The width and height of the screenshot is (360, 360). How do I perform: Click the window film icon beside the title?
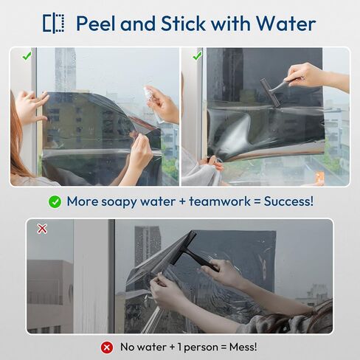click(54, 24)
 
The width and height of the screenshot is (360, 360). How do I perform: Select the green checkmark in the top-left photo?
click(27, 56)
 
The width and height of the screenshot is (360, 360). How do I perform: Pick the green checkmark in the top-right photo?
click(197, 56)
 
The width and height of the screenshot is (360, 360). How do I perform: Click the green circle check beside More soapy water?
click(55, 202)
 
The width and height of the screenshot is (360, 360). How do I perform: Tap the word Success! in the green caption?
click(289, 201)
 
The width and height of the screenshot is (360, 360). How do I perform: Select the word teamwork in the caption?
click(220, 201)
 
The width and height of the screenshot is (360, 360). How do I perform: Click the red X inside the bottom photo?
click(42, 229)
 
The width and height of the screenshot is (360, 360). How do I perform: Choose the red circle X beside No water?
click(107, 347)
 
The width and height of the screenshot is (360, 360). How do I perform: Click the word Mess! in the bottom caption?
click(243, 347)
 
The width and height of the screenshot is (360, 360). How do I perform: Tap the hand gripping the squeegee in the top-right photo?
click(305, 75)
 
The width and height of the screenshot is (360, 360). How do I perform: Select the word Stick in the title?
click(184, 24)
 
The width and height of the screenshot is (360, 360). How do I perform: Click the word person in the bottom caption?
click(201, 347)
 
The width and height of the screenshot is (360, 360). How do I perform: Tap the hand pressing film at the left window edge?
click(31, 105)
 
